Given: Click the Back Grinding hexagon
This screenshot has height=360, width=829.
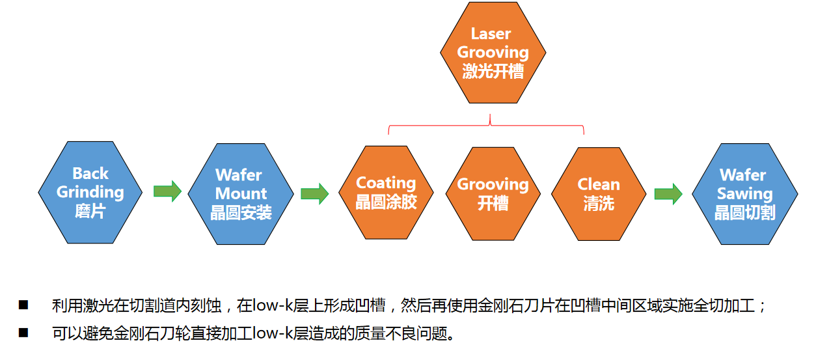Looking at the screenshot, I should pos(90,192).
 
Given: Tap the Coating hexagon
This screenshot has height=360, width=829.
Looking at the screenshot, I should pos(386,193).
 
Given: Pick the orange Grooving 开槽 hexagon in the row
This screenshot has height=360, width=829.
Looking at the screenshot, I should pos(493,193).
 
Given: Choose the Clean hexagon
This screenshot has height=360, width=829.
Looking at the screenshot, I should pos(599,193).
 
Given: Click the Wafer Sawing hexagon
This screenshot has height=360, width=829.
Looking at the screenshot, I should pos(744,193).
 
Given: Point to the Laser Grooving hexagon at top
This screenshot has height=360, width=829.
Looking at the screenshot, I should pos(493,53).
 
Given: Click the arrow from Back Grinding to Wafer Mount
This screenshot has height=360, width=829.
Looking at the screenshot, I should pos(167,191).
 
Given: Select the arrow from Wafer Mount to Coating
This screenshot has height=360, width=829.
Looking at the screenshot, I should pos(315,193).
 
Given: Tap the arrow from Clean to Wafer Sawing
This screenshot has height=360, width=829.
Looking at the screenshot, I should pos(668,193).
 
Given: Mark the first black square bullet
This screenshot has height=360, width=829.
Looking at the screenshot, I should pos(24,305).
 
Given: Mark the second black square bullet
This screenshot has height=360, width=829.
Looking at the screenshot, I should pos(24,333).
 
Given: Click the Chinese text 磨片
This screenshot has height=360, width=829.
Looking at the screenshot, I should pos(90,212).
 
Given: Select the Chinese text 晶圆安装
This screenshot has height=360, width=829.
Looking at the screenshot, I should pos(241,213).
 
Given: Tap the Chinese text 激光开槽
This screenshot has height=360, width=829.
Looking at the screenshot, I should pos(493,72).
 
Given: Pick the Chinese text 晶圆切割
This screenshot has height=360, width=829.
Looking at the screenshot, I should pos(744,213).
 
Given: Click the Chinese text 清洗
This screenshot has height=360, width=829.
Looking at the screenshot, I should pos(599,204).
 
